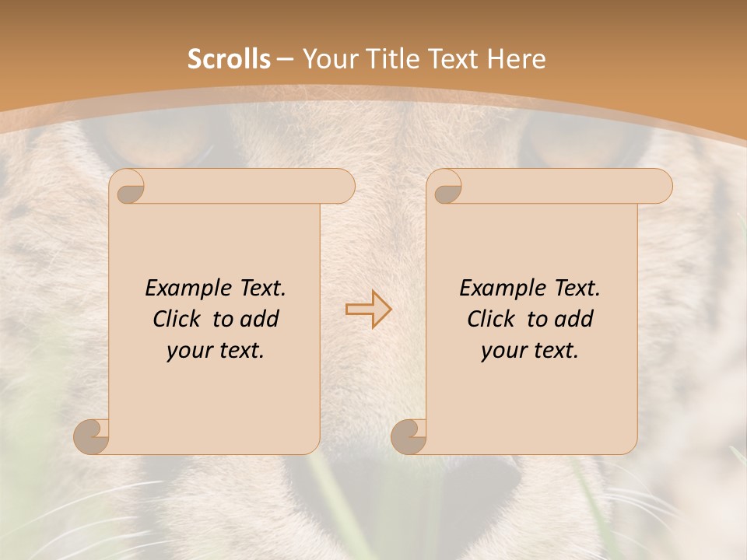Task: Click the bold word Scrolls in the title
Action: click(x=229, y=59)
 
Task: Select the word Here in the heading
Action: click(x=517, y=59)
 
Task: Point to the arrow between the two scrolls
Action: click(x=368, y=310)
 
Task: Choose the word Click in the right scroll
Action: click(x=490, y=319)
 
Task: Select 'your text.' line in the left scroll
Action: click(x=216, y=351)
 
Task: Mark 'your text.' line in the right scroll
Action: click(x=530, y=351)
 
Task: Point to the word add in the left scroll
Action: click(x=259, y=319)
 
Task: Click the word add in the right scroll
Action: click(x=573, y=319)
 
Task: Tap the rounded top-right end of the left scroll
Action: click(x=342, y=187)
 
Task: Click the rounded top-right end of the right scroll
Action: click(x=660, y=187)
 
